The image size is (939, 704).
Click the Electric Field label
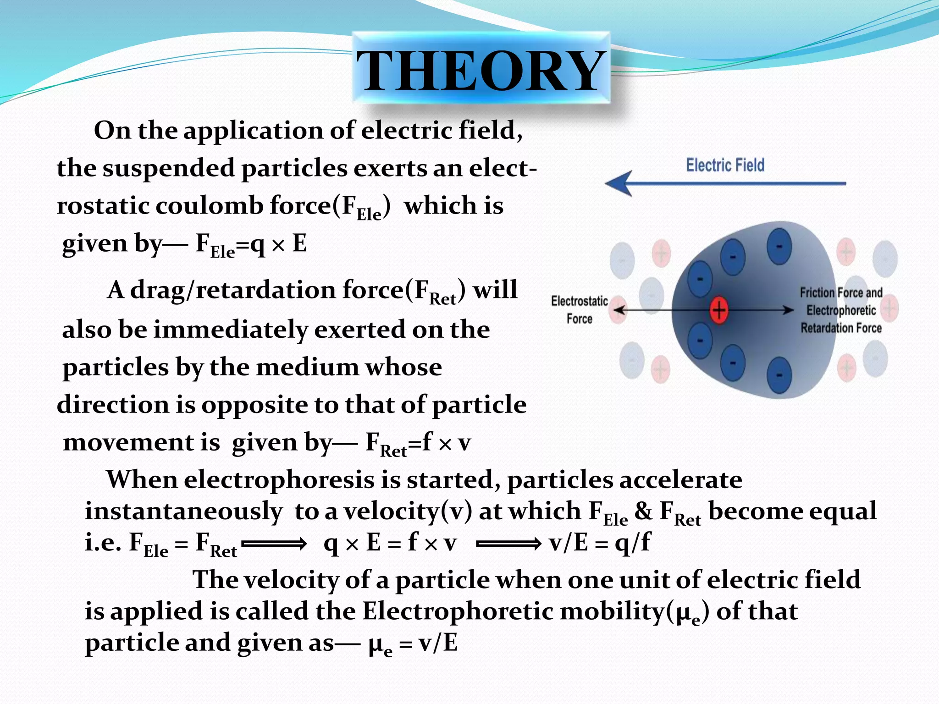[725, 165]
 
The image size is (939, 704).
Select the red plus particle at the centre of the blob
[719, 310]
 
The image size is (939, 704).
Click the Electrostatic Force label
[579, 310]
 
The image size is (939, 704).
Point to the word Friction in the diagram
[817, 293]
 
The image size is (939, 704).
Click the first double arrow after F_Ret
[274, 544]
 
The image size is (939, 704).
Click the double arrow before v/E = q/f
[509, 544]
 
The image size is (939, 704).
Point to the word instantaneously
[183, 511]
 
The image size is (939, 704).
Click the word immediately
[231, 330]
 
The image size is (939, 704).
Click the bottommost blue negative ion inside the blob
[779, 375]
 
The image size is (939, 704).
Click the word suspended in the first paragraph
[169, 168]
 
